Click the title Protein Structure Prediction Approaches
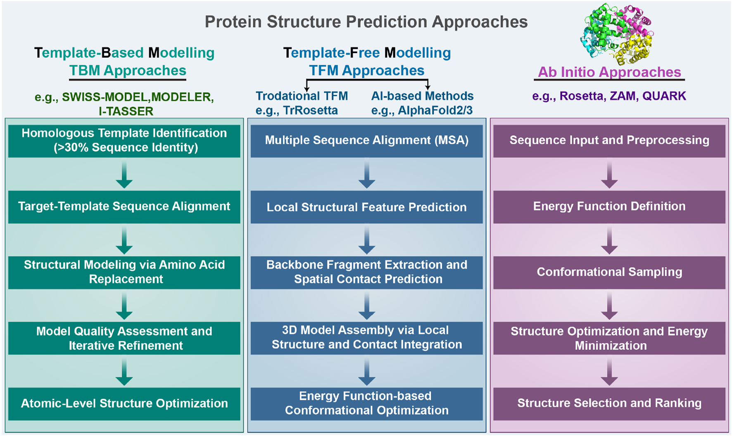366,22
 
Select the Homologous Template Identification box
124,140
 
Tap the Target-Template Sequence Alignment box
124,206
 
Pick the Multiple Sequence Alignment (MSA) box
366,140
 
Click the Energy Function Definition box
609,206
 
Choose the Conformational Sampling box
609,272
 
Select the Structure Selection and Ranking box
609,403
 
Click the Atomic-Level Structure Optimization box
124,403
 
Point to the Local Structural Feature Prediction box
366,207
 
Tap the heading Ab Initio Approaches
609,72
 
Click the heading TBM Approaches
128,71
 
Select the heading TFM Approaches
366,71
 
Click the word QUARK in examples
664,96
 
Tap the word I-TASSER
126,111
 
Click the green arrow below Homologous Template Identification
124,175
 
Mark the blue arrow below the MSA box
366,175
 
